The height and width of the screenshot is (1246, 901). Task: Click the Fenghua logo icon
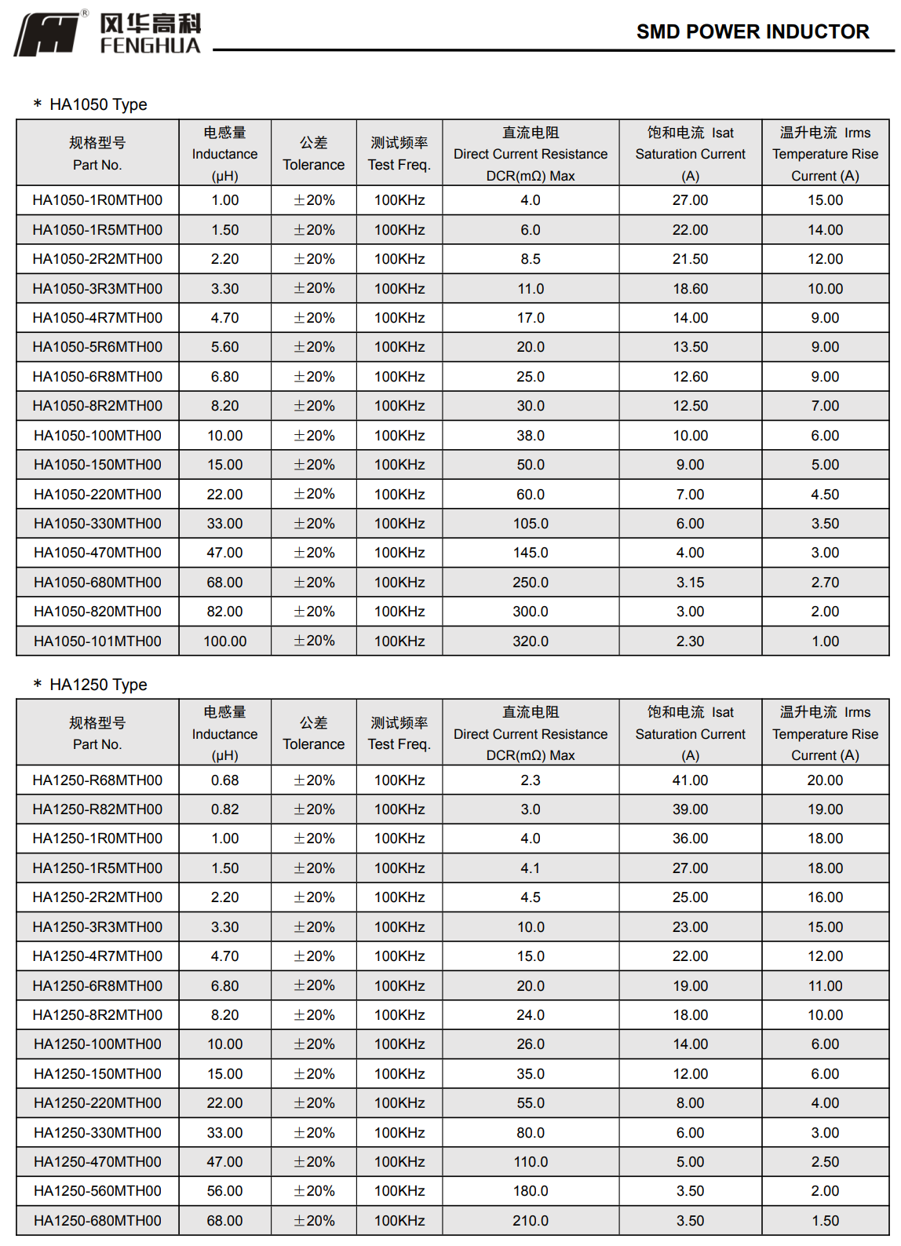click(x=47, y=35)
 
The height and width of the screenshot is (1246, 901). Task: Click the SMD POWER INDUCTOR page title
click(x=752, y=32)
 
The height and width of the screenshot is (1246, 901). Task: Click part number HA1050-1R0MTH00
click(x=97, y=200)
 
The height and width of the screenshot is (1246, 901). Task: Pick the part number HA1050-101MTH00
click(x=97, y=641)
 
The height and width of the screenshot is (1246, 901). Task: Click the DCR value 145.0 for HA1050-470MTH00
click(x=531, y=553)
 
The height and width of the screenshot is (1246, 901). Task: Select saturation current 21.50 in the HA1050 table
click(x=690, y=259)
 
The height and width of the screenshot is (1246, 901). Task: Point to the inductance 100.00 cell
click(x=224, y=641)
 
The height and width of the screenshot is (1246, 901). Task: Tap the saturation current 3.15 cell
click(x=690, y=583)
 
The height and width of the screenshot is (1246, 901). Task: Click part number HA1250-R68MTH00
click(x=97, y=780)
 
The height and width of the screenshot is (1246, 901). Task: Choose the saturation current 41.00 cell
click(x=690, y=780)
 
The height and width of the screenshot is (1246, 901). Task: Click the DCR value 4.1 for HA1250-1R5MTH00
click(x=531, y=868)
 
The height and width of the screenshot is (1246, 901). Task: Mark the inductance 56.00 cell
click(x=224, y=1191)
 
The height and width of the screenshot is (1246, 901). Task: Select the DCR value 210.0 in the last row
click(x=531, y=1221)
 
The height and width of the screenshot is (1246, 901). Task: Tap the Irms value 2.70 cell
click(x=825, y=583)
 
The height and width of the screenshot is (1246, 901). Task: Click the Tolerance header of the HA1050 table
click(x=313, y=154)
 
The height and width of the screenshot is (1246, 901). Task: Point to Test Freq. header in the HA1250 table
click(x=399, y=733)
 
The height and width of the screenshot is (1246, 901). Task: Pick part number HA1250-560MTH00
click(x=97, y=1191)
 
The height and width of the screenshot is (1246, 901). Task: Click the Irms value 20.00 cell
click(x=825, y=780)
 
